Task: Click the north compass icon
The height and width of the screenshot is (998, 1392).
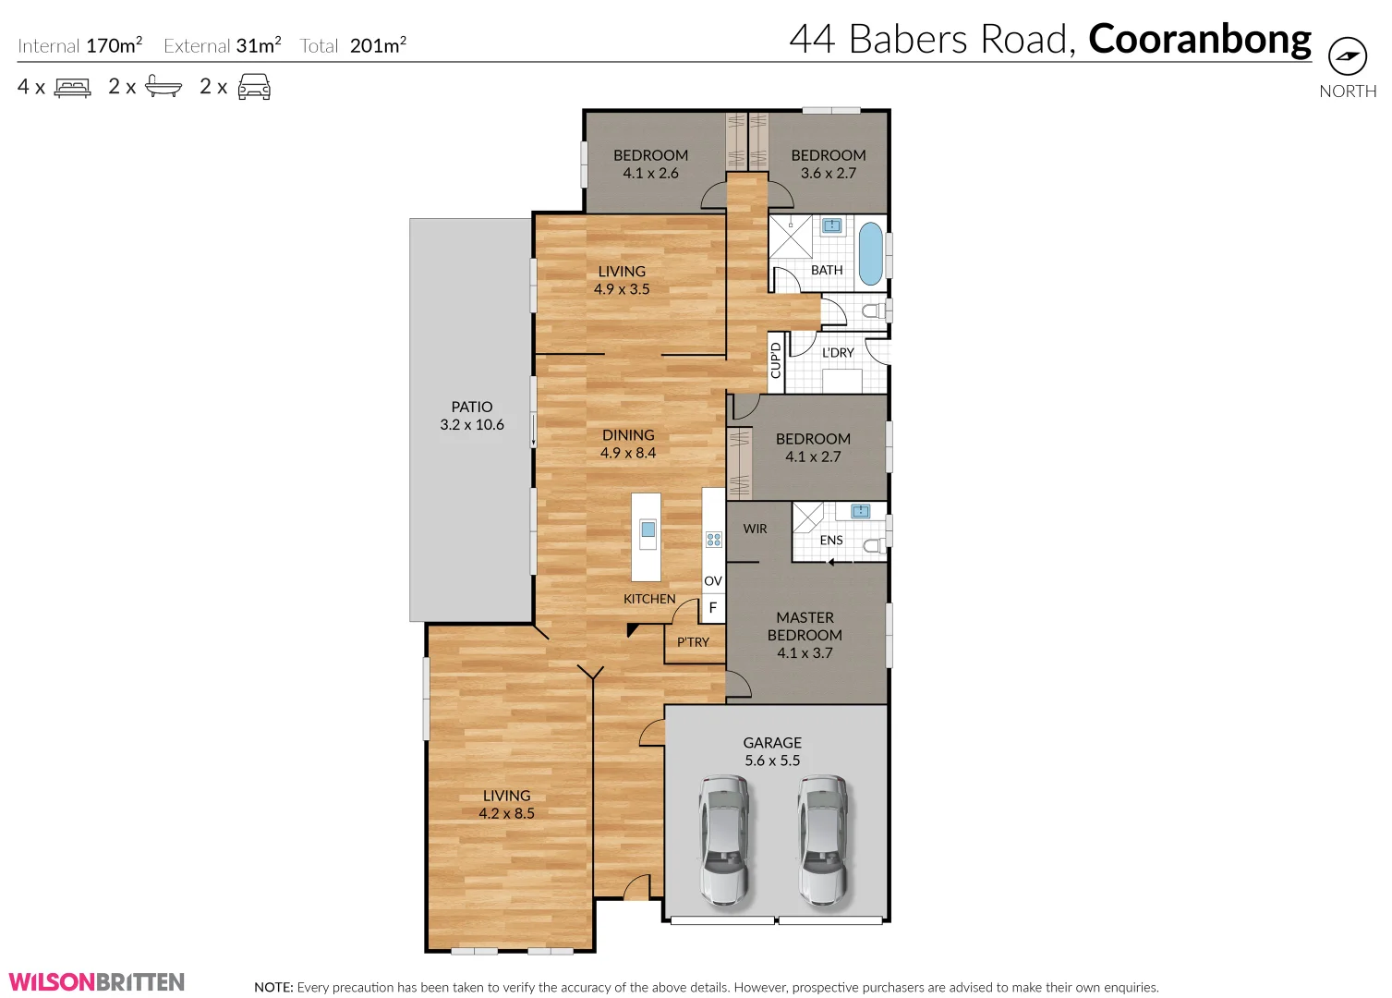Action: click(x=1347, y=56)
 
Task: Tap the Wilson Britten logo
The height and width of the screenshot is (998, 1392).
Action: click(x=97, y=981)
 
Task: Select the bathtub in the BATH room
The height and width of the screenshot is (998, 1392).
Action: click(x=870, y=253)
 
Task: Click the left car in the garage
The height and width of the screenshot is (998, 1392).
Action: click(x=723, y=839)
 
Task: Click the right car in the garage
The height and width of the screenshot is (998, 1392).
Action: click(x=822, y=839)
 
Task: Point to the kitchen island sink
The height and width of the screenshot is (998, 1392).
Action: click(x=648, y=529)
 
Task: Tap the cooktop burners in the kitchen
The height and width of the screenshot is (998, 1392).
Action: click(x=713, y=540)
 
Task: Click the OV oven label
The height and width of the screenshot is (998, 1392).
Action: click(x=712, y=581)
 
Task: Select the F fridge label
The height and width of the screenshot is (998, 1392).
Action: click(x=712, y=608)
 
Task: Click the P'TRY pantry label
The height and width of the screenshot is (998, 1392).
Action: click(x=693, y=642)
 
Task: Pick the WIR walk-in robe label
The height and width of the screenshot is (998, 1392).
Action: click(x=755, y=529)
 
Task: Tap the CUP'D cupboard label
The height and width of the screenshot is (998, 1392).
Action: click(x=776, y=360)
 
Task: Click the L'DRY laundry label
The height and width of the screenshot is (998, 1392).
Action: click(x=838, y=353)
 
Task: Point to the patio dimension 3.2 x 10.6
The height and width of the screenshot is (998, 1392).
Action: click(x=472, y=425)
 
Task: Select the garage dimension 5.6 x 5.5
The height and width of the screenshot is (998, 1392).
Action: click(x=772, y=761)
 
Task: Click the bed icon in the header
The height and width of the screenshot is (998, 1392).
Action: click(x=73, y=88)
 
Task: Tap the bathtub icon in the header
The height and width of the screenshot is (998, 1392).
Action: click(x=163, y=88)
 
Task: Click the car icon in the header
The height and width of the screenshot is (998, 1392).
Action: click(x=254, y=88)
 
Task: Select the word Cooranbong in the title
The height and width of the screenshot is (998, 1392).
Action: click(x=1199, y=40)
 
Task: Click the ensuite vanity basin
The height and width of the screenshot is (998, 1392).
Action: click(x=860, y=511)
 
